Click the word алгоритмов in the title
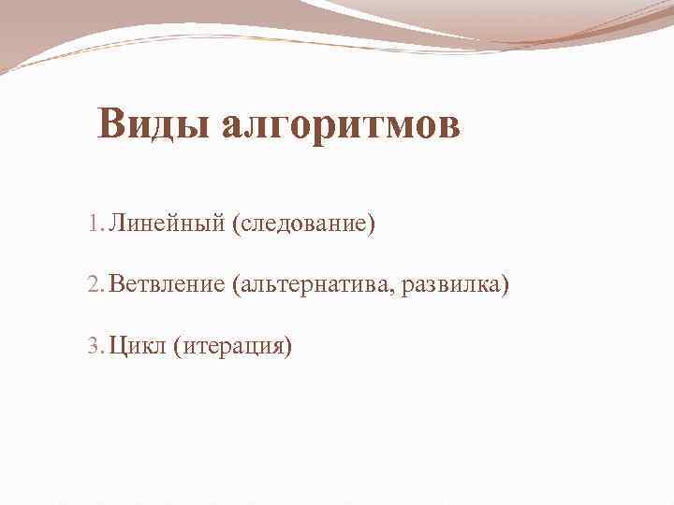340,124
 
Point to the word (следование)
304,224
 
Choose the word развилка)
456,285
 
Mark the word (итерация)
231,346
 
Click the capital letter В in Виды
112,124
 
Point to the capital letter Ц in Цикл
116,346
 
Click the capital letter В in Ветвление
115,285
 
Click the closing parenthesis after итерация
288,347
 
